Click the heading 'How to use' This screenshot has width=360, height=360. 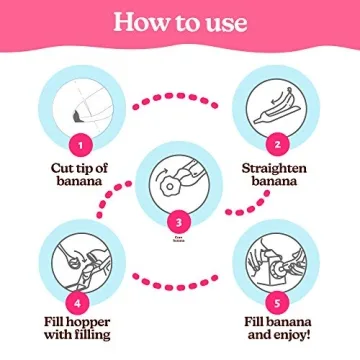click(180, 21)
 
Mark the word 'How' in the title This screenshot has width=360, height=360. click(139, 21)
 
